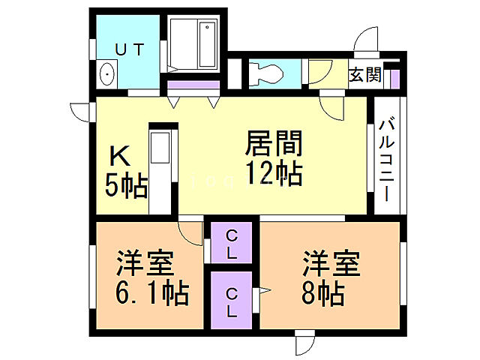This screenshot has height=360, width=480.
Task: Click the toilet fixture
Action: [266, 74]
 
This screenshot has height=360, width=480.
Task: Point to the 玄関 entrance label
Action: [365, 74]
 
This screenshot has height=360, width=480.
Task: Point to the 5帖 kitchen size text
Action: [126, 186]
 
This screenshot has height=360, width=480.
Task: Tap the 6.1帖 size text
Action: [151, 292]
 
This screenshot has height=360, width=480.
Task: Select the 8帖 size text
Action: [323, 292]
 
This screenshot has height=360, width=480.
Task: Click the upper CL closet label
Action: [231, 242]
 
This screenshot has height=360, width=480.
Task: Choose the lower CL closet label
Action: [231, 299]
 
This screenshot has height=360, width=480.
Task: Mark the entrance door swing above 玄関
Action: [367, 41]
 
